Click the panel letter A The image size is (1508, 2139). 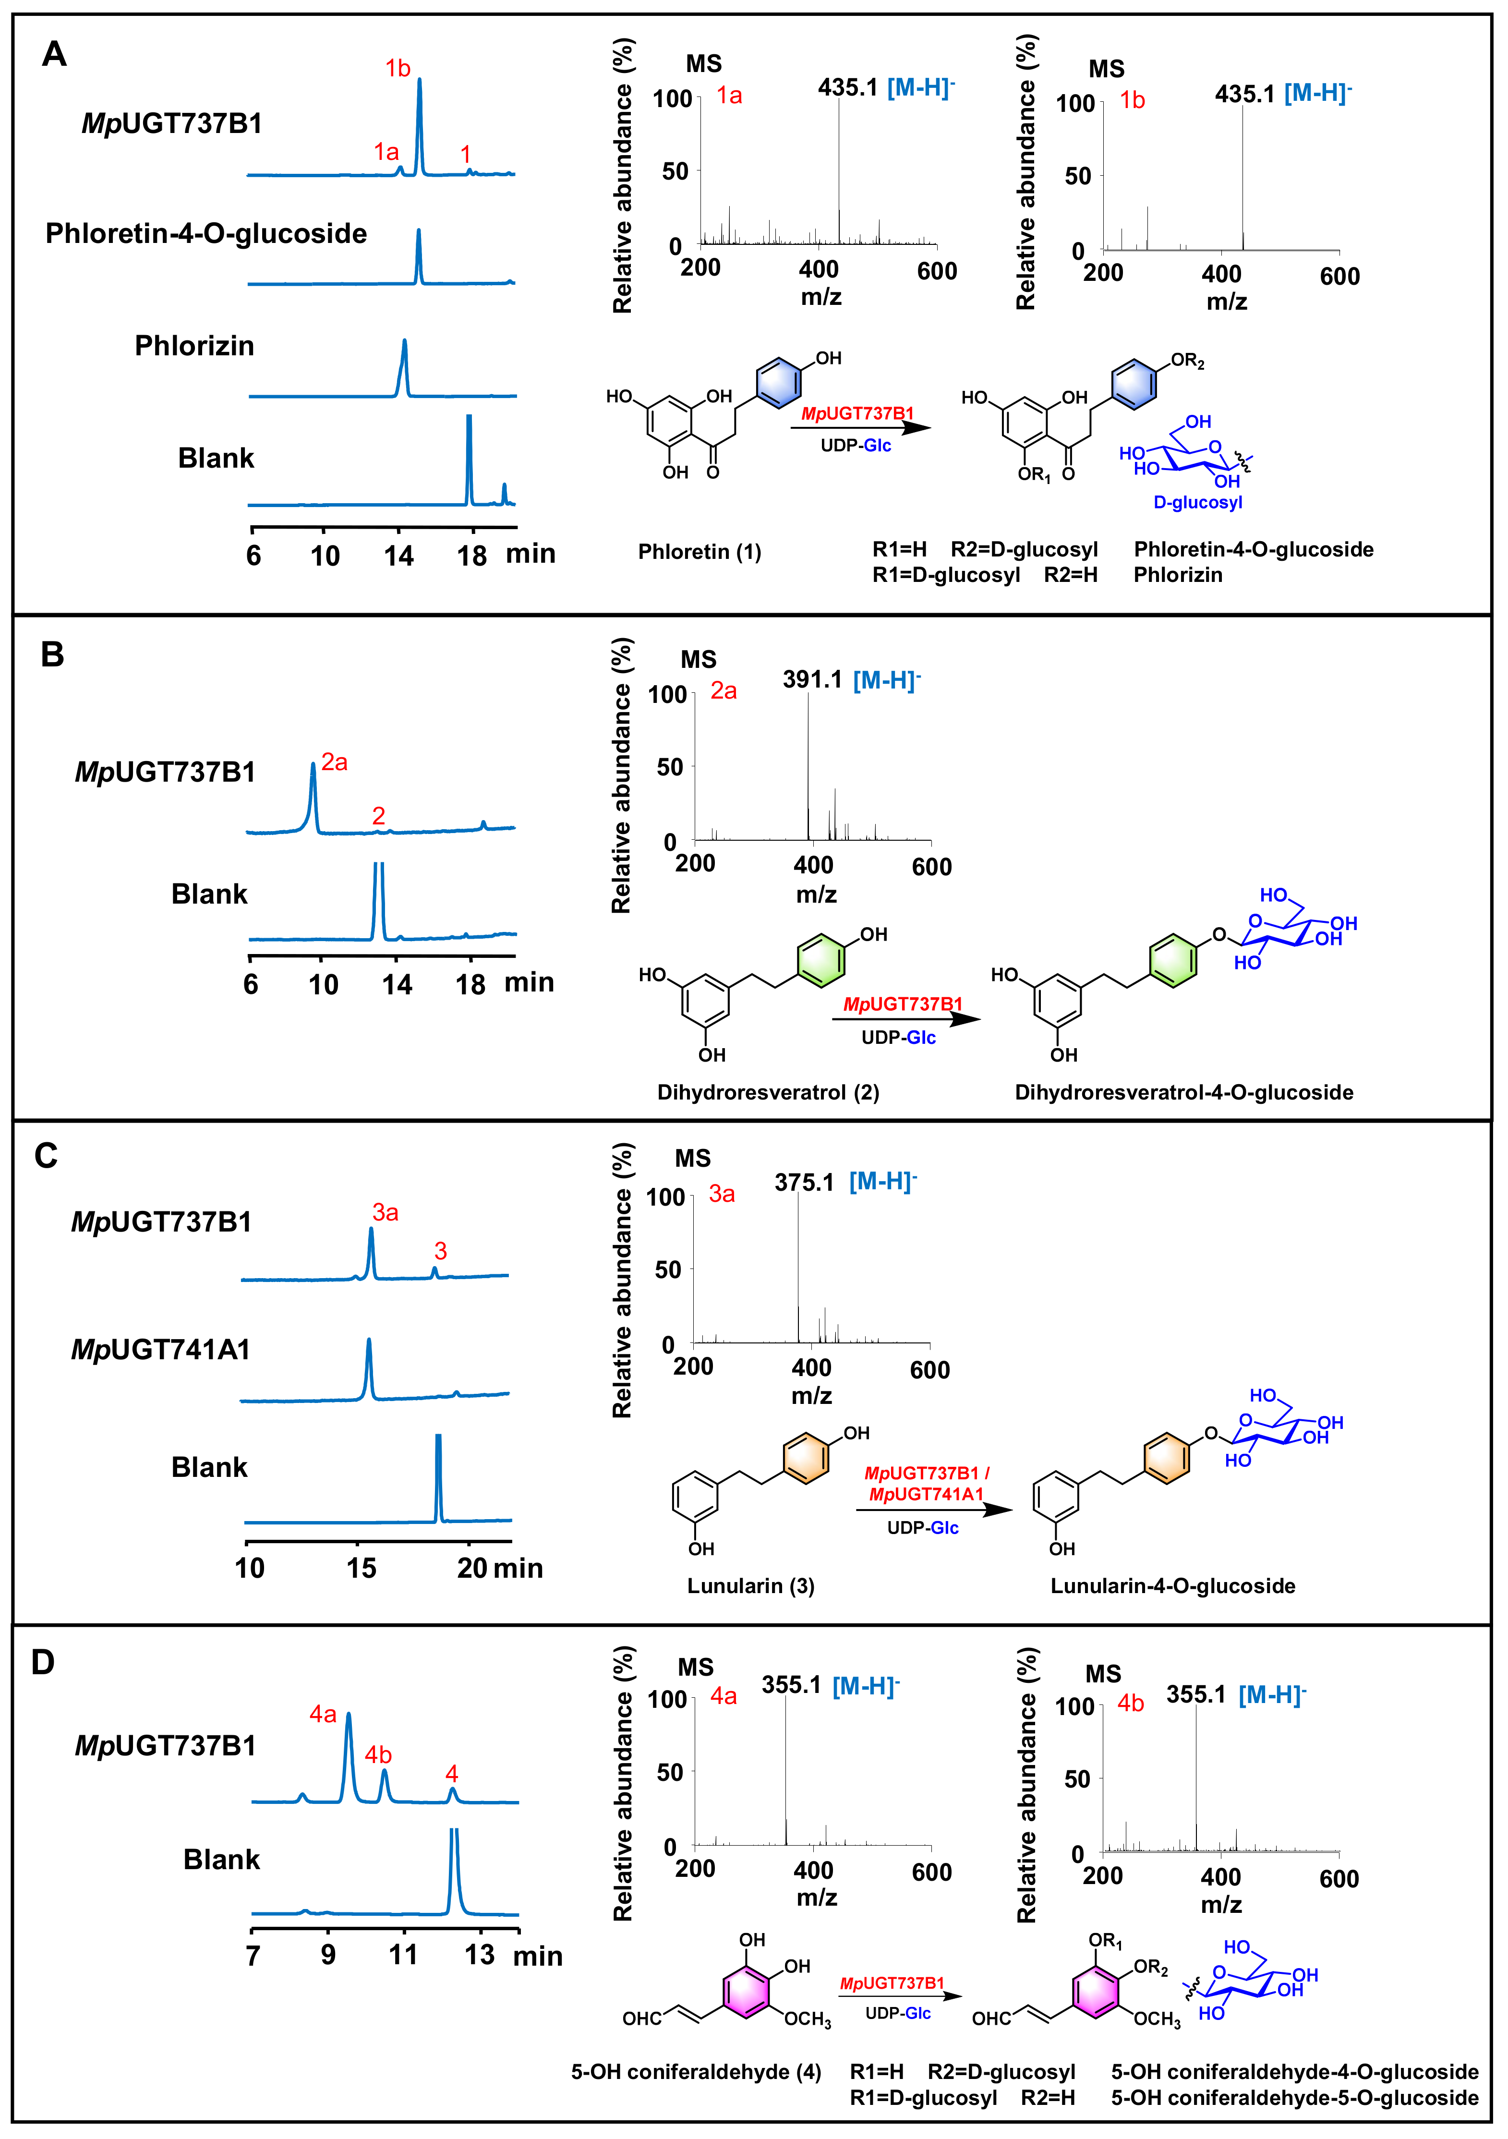pos(54,54)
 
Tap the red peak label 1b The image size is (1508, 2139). pos(398,68)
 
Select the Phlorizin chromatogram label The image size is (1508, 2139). pos(194,346)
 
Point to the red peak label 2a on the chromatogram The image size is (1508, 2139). pos(334,763)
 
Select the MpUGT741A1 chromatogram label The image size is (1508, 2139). pos(161,1349)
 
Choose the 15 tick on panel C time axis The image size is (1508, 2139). pos(362,1568)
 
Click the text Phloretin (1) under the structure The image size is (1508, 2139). pos(700,552)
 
